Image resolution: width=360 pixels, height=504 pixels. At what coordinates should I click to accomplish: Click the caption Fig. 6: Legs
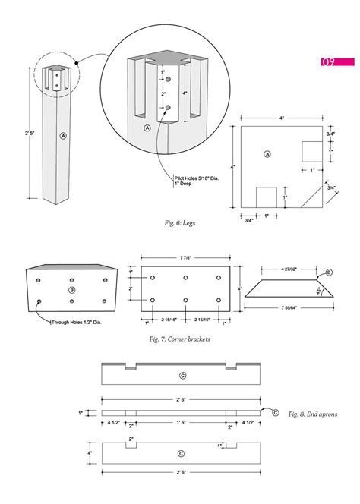point(179,222)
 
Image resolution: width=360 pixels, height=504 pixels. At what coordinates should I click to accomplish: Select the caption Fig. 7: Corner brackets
point(178,339)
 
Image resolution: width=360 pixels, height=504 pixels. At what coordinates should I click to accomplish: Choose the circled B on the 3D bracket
point(72,289)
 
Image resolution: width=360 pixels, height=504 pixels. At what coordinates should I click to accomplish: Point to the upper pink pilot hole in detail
point(169,80)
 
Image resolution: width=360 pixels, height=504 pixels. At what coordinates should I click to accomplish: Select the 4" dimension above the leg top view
point(280,118)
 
